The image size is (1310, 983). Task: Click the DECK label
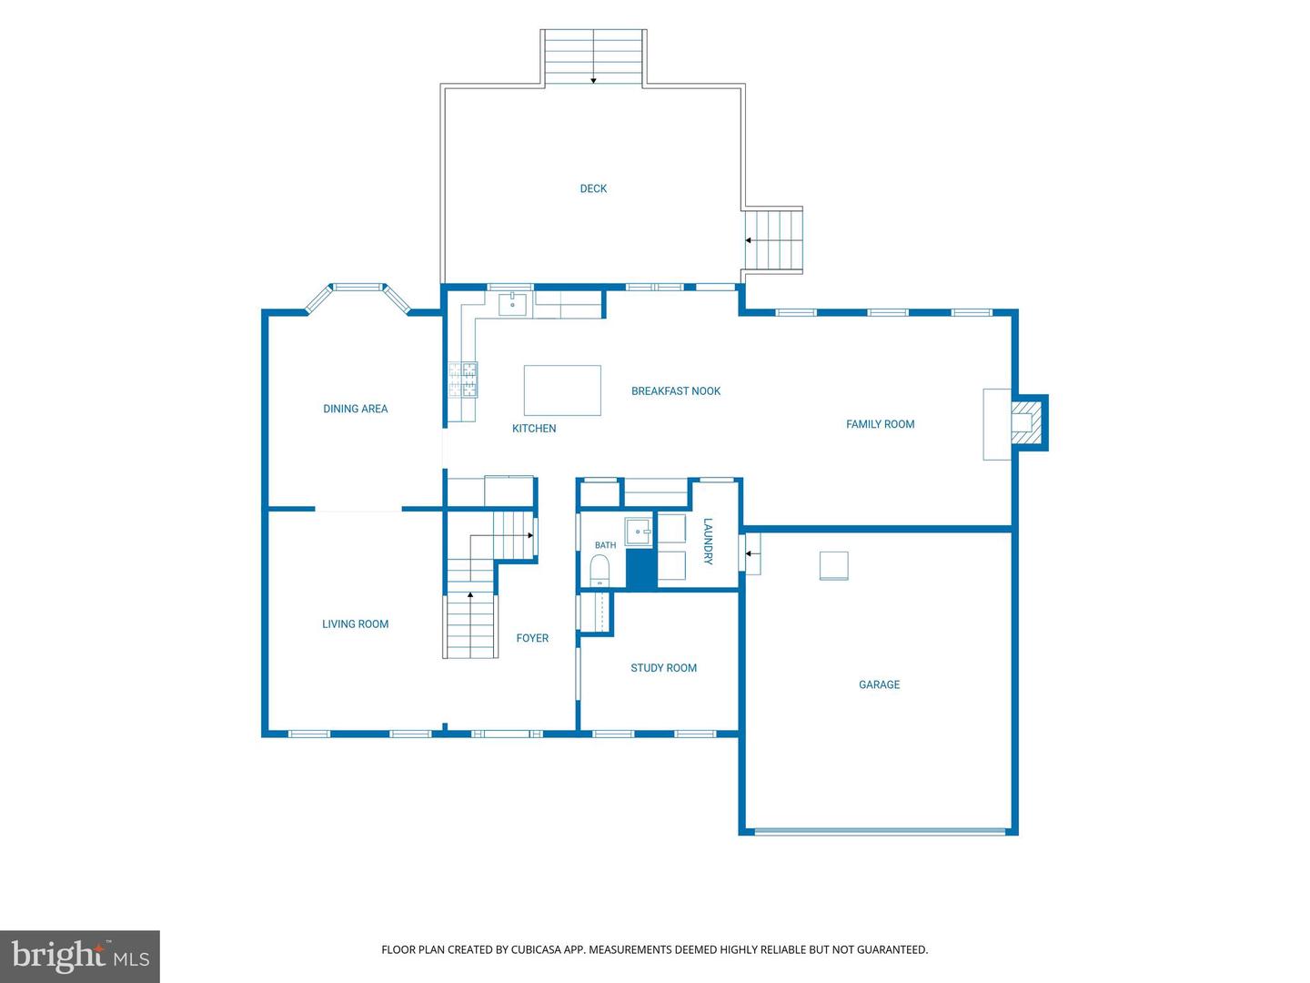click(x=593, y=188)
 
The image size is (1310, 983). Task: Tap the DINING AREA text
click(x=355, y=409)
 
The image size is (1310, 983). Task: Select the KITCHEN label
click(x=533, y=429)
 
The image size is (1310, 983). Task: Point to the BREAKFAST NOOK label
click(x=676, y=391)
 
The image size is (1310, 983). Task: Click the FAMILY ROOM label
click(x=880, y=424)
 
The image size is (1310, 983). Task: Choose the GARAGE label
click(x=879, y=684)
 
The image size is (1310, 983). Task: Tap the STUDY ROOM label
click(x=664, y=668)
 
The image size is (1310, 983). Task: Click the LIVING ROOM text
click(x=355, y=624)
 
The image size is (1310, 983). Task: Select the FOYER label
click(x=532, y=638)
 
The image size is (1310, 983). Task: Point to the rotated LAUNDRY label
click(x=708, y=542)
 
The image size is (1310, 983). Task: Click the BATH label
click(x=605, y=545)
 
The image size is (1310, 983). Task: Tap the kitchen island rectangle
click(x=562, y=390)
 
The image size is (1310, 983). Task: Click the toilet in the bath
click(x=600, y=571)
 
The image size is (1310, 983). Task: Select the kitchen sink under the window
click(x=513, y=304)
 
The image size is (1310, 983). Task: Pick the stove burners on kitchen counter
click(x=462, y=380)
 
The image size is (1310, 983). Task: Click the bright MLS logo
click(x=80, y=956)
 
